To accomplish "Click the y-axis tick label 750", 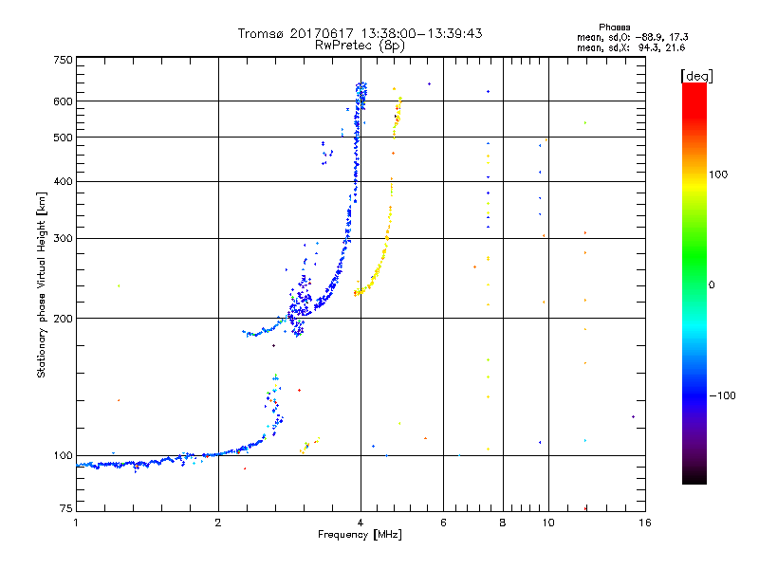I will pos(63,60).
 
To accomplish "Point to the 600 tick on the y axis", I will pos(63,101).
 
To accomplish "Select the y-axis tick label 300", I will pos(63,238).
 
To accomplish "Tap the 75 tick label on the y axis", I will pos(65,510).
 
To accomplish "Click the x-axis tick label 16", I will pos(643,523).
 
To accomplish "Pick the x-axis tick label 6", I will pos(443,523).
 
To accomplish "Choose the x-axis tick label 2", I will pos(218,523).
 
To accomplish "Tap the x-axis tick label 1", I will pos(76,523).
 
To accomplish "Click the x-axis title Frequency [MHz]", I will pos(359,535).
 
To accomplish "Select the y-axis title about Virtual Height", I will pos(42,285).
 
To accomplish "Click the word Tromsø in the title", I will pos(261,33).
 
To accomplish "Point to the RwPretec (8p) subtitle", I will pos(360,45).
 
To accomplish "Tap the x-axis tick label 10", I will pos(547,523).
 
